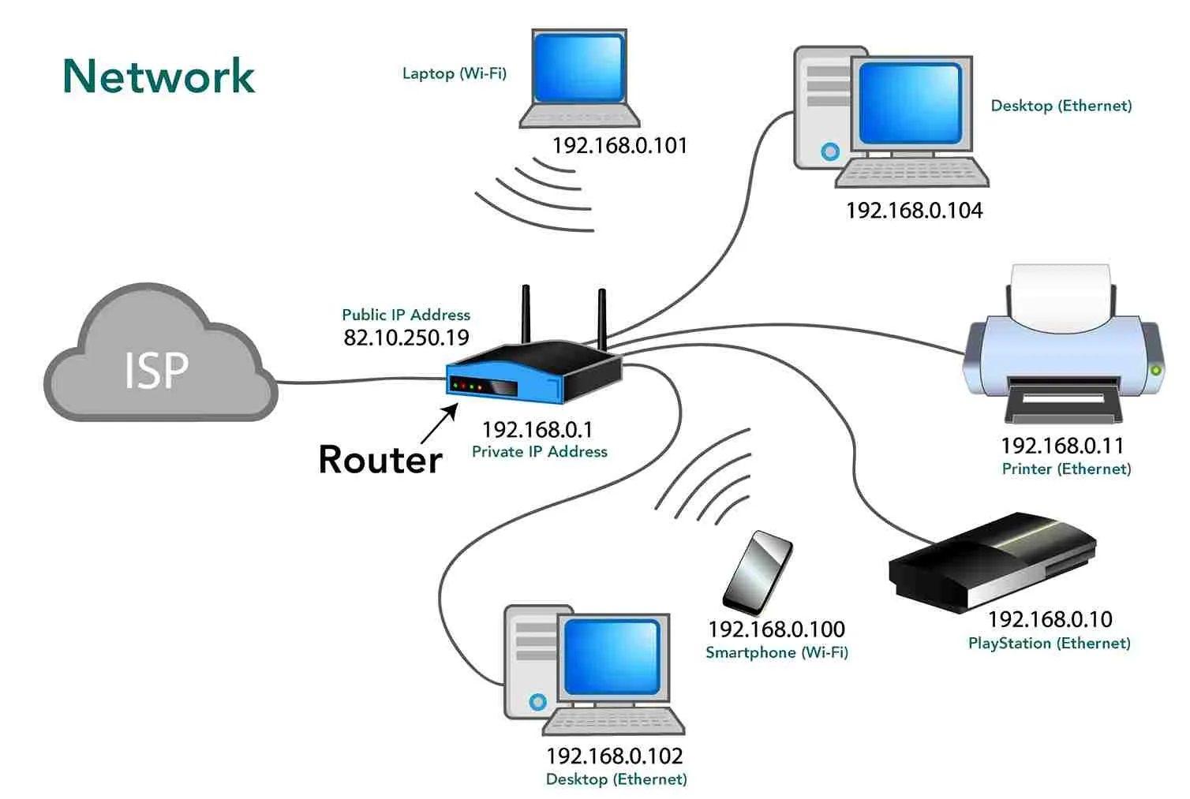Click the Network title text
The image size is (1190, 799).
(159, 77)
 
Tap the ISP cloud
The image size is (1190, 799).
(158, 363)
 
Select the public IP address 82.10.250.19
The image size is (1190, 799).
(406, 338)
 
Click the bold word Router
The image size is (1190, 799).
(380, 460)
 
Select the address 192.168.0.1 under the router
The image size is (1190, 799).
(537, 430)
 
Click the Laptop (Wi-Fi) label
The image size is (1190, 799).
(454, 73)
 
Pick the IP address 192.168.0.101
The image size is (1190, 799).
(619, 146)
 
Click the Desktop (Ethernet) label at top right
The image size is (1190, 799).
(1061, 106)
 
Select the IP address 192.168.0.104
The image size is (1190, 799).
(914, 211)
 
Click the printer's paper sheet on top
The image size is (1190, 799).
(1061, 296)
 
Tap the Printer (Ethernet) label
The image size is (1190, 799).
(1066, 469)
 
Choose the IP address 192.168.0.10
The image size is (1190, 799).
(1050, 619)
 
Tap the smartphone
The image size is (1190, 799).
(758, 572)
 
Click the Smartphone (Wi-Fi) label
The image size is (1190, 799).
(776, 653)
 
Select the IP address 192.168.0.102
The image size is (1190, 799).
(614, 756)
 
